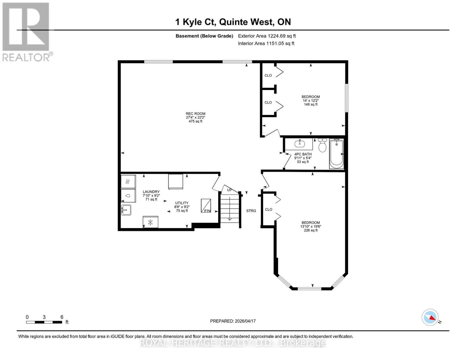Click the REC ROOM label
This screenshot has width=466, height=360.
[x=195, y=114]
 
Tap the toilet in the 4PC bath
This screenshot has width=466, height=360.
[x=322, y=145]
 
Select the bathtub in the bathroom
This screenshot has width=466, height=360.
[x=336, y=154]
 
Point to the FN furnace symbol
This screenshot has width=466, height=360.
[x=206, y=206]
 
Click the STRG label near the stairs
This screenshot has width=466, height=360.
[x=251, y=211]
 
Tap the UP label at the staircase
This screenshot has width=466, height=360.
[x=230, y=190]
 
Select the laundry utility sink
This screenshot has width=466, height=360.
[x=126, y=210]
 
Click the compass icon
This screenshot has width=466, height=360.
[x=430, y=317]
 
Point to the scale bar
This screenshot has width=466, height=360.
[x=44, y=322]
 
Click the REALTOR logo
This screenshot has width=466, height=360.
[x=26, y=32]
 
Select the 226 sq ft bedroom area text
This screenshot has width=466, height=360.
[x=311, y=230]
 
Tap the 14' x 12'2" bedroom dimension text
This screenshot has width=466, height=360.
[x=311, y=100]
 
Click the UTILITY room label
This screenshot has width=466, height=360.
[x=182, y=203]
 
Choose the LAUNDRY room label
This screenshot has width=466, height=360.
[x=151, y=192]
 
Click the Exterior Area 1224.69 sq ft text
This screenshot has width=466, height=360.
[x=267, y=36]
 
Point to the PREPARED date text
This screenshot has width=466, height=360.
[x=233, y=321]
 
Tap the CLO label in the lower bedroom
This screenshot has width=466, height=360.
[x=269, y=209]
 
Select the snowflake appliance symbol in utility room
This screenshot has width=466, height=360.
[x=151, y=222]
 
